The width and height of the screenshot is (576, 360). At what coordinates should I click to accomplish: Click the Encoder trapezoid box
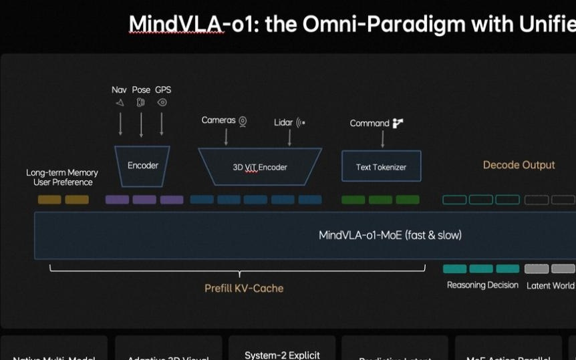[x=142, y=165]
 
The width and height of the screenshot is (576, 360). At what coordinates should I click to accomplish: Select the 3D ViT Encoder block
[x=260, y=167]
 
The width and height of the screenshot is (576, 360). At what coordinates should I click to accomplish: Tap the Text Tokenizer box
[x=381, y=166]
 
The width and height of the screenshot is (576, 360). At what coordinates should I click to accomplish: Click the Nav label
[x=119, y=89]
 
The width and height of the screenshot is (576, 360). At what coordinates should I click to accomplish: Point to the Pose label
[x=141, y=89]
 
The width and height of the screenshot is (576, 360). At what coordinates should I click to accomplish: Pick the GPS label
[x=163, y=89]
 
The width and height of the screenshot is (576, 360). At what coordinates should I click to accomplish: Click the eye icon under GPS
[x=162, y=103]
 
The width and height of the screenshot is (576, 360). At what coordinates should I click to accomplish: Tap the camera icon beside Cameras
[x=243, y=121]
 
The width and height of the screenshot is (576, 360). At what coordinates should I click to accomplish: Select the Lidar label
[x=283, y=123]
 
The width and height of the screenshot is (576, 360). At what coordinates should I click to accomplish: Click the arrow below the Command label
[x=382, y=138]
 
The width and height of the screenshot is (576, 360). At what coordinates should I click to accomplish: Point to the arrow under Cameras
[x=226, y=136]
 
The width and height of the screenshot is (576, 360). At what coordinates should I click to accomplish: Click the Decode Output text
[x=519, y=165]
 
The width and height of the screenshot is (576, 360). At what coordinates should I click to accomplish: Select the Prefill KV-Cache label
[x=244, y=289]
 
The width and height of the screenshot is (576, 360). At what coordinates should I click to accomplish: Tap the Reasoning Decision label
[x=482, y=285]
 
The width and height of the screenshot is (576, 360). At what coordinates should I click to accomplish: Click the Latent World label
[x=550, y=286]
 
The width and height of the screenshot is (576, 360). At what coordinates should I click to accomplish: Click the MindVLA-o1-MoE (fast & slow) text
[x=390, y=235]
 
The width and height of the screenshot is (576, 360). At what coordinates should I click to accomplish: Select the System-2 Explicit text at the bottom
[x=282, y=355]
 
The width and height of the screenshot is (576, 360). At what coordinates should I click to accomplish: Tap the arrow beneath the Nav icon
[x=120, y=124]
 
